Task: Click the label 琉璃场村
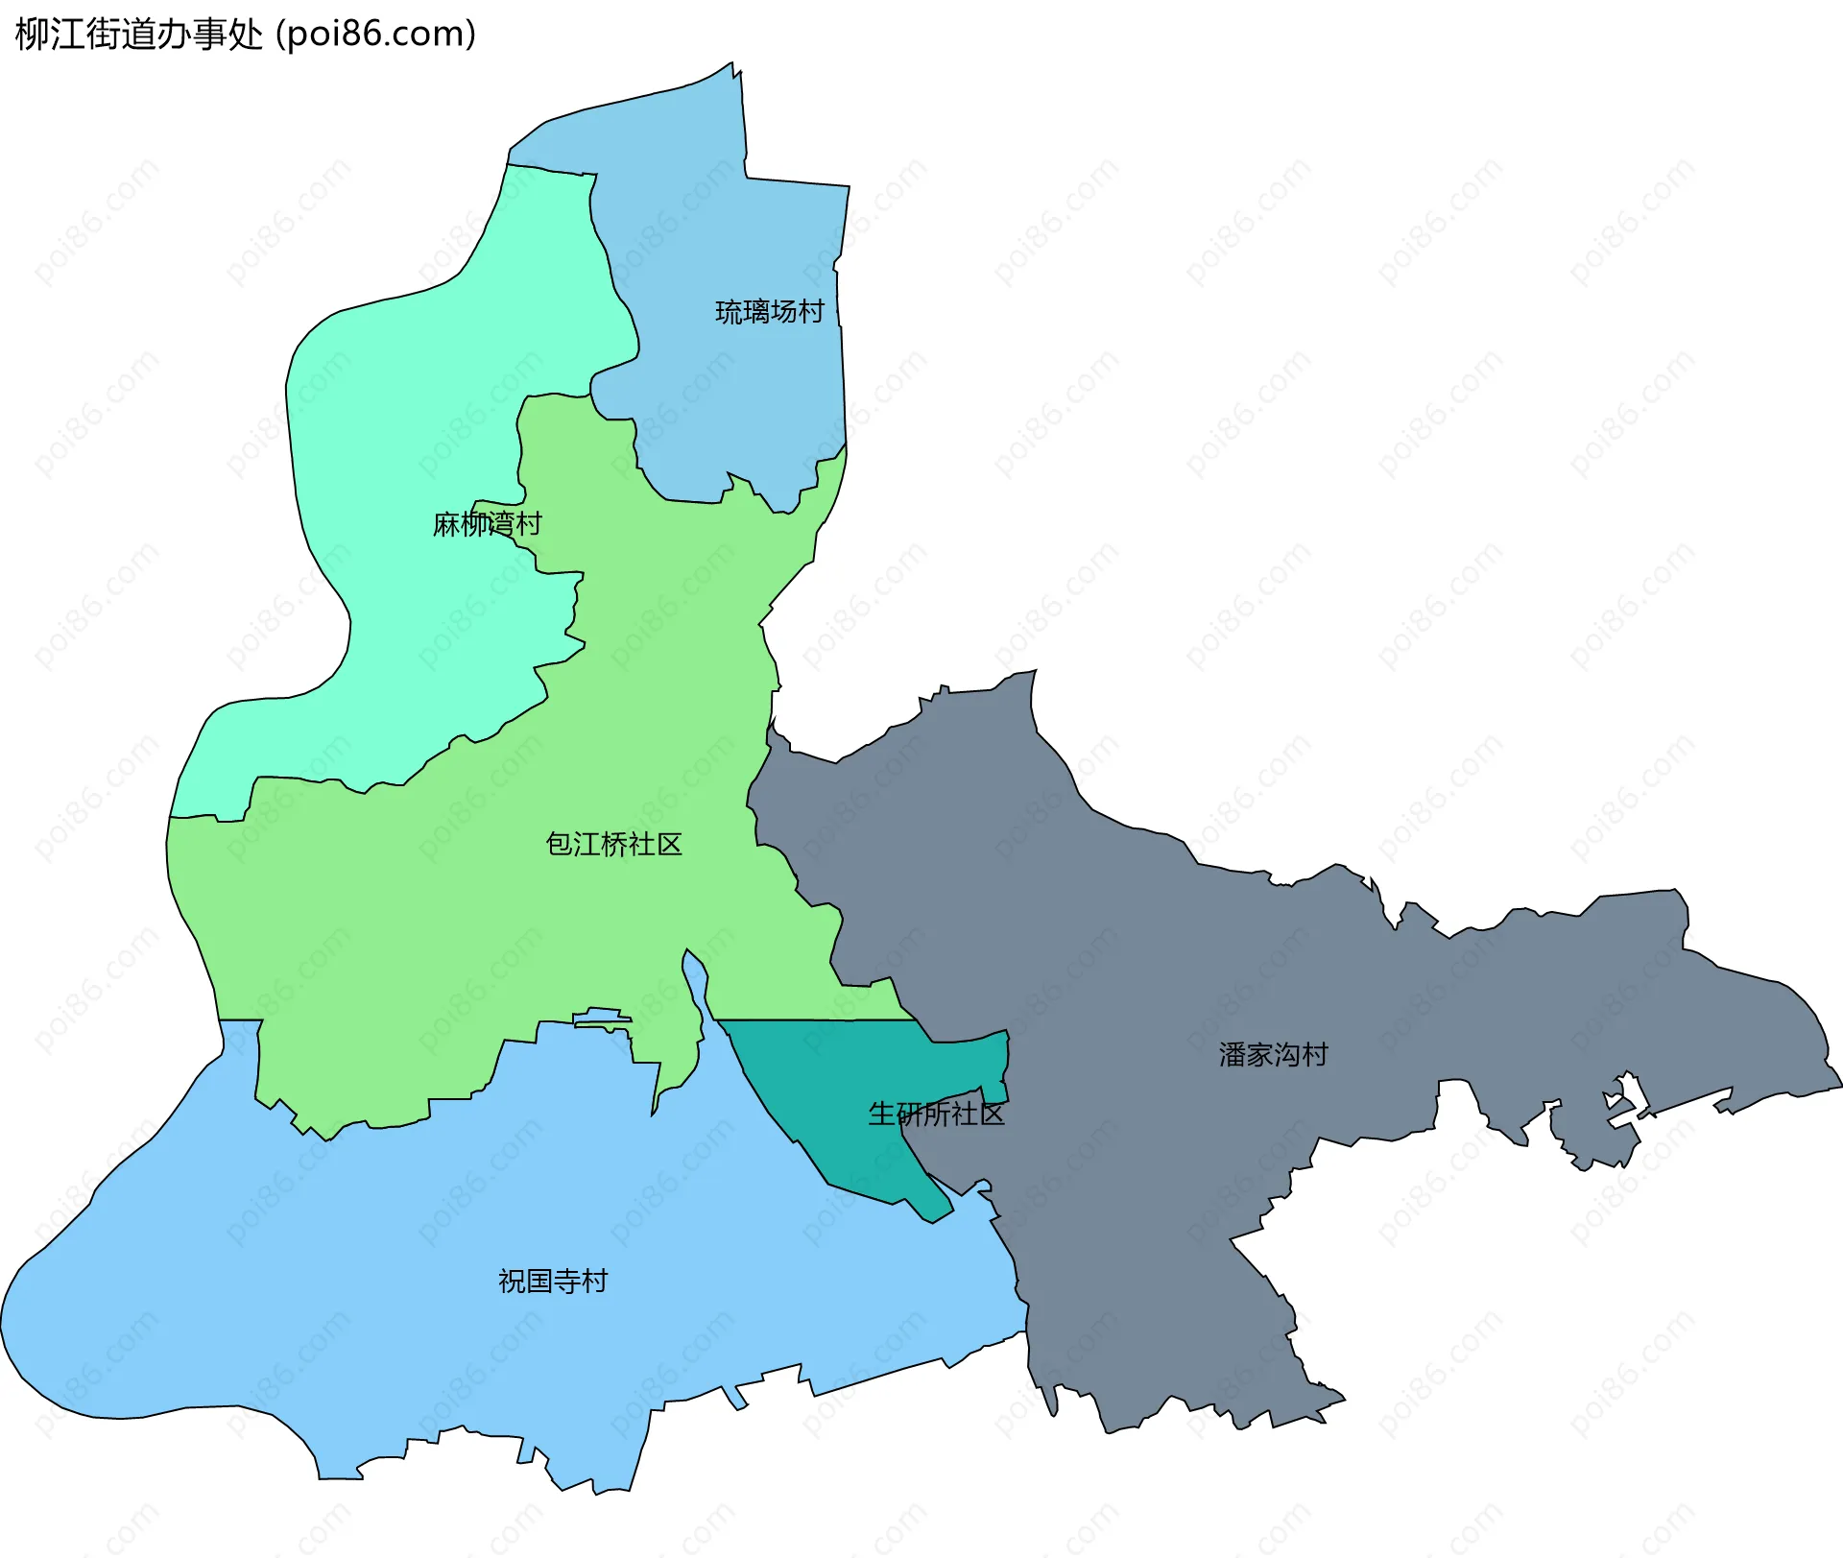tap(769, 312)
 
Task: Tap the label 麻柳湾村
tap(487, 524)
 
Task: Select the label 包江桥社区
tap(613, 845)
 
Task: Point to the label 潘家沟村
tap(1273, 1055)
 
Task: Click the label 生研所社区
tap(936, 1114)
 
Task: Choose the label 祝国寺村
tap(553, 1282)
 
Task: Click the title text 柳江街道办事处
tap(139, 35)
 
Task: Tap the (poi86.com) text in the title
tap(376, 35)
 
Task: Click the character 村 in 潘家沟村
tap(1315, 1055)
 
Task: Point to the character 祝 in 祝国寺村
tap(512, 1282)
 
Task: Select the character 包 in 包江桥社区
tap(559, 845)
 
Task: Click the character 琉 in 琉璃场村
tap(729, 312)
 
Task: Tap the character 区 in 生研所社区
tap(992, 1114)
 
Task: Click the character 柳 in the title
tap(33, 35)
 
